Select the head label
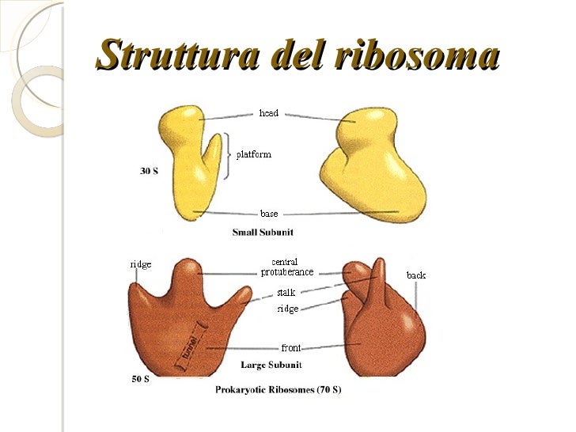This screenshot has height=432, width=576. [x=269, y=114]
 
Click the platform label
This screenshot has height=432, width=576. [x=253, y=154]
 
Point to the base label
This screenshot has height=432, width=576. [x=269, y=214]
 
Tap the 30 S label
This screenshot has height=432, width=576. [x=149, y=171]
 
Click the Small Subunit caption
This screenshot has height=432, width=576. [x=262, y=233]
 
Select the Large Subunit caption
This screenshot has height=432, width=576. [x=268, y=365]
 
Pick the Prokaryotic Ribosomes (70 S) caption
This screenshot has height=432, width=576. [x=279, y=390]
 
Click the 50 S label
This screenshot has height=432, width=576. [x=139, y=379]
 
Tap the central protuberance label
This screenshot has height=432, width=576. [x=286, y=267]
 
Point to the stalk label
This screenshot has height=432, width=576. [x=286, y=293]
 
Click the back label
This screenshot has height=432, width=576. [x=416, y=275]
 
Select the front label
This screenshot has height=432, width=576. [x=290, y=348]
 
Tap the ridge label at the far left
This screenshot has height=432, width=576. [x=141, y=264]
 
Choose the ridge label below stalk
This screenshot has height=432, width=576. [x=287, y=309]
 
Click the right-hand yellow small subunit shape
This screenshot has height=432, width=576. [x=372, y=170]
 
